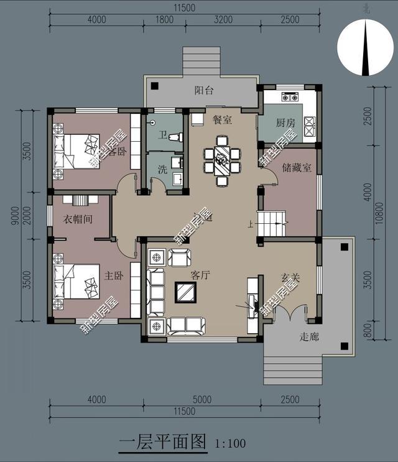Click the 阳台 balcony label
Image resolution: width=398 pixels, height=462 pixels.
204,91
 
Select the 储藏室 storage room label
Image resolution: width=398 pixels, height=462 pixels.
296,168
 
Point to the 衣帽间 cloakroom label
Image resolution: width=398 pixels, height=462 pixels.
78,219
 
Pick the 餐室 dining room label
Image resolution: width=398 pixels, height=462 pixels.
222,119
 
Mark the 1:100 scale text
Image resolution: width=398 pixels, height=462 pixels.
230,444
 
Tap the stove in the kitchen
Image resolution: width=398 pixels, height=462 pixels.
289,97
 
